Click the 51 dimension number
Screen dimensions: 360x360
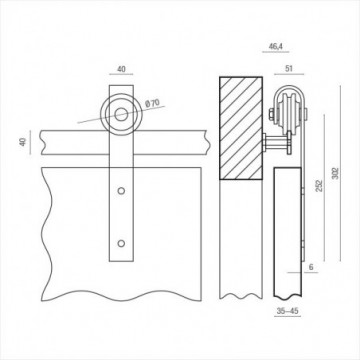pyautogui.click(x=288, y=70)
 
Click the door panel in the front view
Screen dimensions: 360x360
pyautogui.click(x=60, y=230)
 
